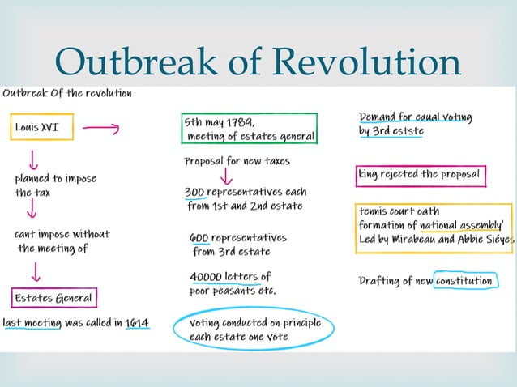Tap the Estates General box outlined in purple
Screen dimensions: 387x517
click(x=54, y=298)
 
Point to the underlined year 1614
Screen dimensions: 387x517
click(x=136, y=324)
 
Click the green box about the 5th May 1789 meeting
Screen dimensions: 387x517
click(x=249, y=129)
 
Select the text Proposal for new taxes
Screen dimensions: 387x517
click(x=237, y=161)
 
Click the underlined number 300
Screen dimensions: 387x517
click(x=194, y=193)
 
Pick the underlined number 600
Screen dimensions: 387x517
click(x=201, y=239)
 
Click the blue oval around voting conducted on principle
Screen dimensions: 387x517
click(x=254, y=329)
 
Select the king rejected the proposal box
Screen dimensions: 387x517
click(x=420, y=174)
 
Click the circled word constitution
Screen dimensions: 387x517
click(x=464, y=281)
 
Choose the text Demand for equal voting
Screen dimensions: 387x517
click(x=415, y=117)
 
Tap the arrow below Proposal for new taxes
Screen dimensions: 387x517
click(x=226, y=176)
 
